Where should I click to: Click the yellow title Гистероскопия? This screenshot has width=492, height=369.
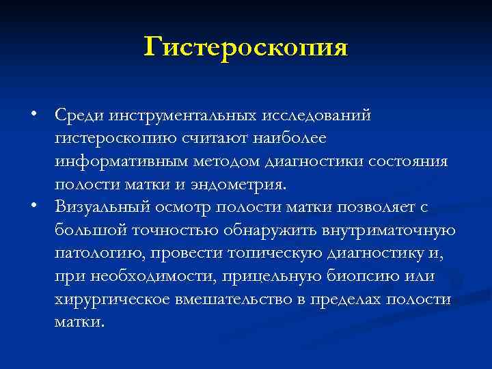tap(246, 47)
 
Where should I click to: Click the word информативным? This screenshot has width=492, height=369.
tap(118, 161)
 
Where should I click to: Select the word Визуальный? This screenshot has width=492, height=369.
tap(100, 208)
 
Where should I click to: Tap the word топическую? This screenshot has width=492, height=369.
tap(260, 254)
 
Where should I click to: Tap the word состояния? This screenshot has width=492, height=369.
tap(409, 161)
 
